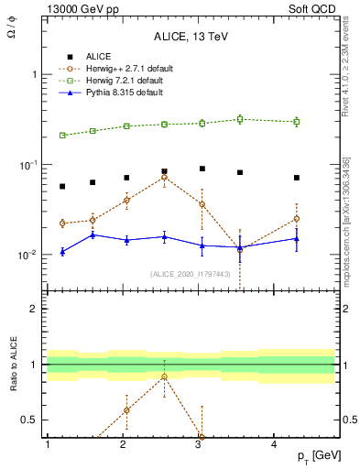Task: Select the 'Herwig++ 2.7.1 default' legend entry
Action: click(x=128, y=69)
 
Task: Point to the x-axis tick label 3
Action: click(x=199, y=444)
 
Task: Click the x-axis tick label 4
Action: click(x=275, y=444)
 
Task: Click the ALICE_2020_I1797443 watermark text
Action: click(x=190, y=274)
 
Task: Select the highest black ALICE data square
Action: click(x=202, y=169)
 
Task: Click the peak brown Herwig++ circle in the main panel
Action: click(x=164, y=177)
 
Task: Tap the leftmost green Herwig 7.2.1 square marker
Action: click(x=62, y=136)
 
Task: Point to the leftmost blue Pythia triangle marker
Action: click(x=62, y=251)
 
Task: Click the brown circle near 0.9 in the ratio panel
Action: click(x=164, y=376)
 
